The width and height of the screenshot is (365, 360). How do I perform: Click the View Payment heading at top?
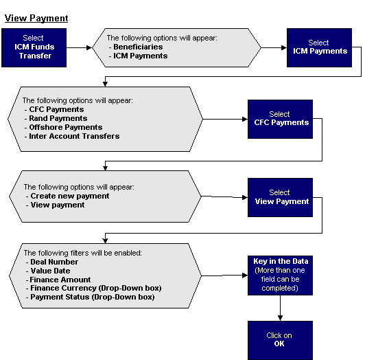[36, 18]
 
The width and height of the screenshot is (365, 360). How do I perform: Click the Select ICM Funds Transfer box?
[34, 47]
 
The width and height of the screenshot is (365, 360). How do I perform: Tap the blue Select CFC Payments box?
[280, 119]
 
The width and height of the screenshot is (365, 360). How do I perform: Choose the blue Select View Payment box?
[280, 197]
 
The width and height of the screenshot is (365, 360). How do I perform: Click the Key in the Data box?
[280, 275]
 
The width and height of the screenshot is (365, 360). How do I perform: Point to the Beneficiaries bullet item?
[140, 47]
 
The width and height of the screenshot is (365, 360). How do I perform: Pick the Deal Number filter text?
[54, 262]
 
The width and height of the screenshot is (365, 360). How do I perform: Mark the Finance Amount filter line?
[60, 280]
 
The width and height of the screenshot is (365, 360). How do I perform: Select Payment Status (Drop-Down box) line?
[92, 297]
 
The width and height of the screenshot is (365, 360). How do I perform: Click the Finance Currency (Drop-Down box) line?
[95, 289]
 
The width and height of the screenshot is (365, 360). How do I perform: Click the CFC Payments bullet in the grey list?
[56, 109]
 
